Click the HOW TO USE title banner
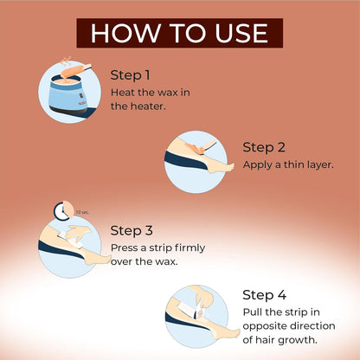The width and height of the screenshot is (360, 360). click(x=179, y=33)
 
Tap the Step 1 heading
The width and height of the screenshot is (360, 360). click(x=130, y=75)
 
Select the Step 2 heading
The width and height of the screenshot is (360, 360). click(x=264, y=147)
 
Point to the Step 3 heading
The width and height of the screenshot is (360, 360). click(x=132, y=231)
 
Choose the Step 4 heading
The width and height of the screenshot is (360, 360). click(x=264, y=295)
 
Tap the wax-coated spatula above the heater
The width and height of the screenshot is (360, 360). click(x=75, y=71)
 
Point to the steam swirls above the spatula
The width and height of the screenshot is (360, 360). click(x=66, y=61)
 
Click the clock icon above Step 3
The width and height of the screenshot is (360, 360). click(x=63, y=211)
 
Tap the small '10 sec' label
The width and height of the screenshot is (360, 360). click(x=82, y=212)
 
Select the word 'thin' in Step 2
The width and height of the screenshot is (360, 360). click(x=294, y=164)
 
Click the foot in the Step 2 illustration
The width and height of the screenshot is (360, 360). click(x=221, y=167)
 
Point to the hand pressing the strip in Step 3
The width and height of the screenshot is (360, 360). click(x=76, y=232)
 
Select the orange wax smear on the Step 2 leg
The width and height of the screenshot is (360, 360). click(x=196, y=148)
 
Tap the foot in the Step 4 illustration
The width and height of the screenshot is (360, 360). click(x=227, y=331)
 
